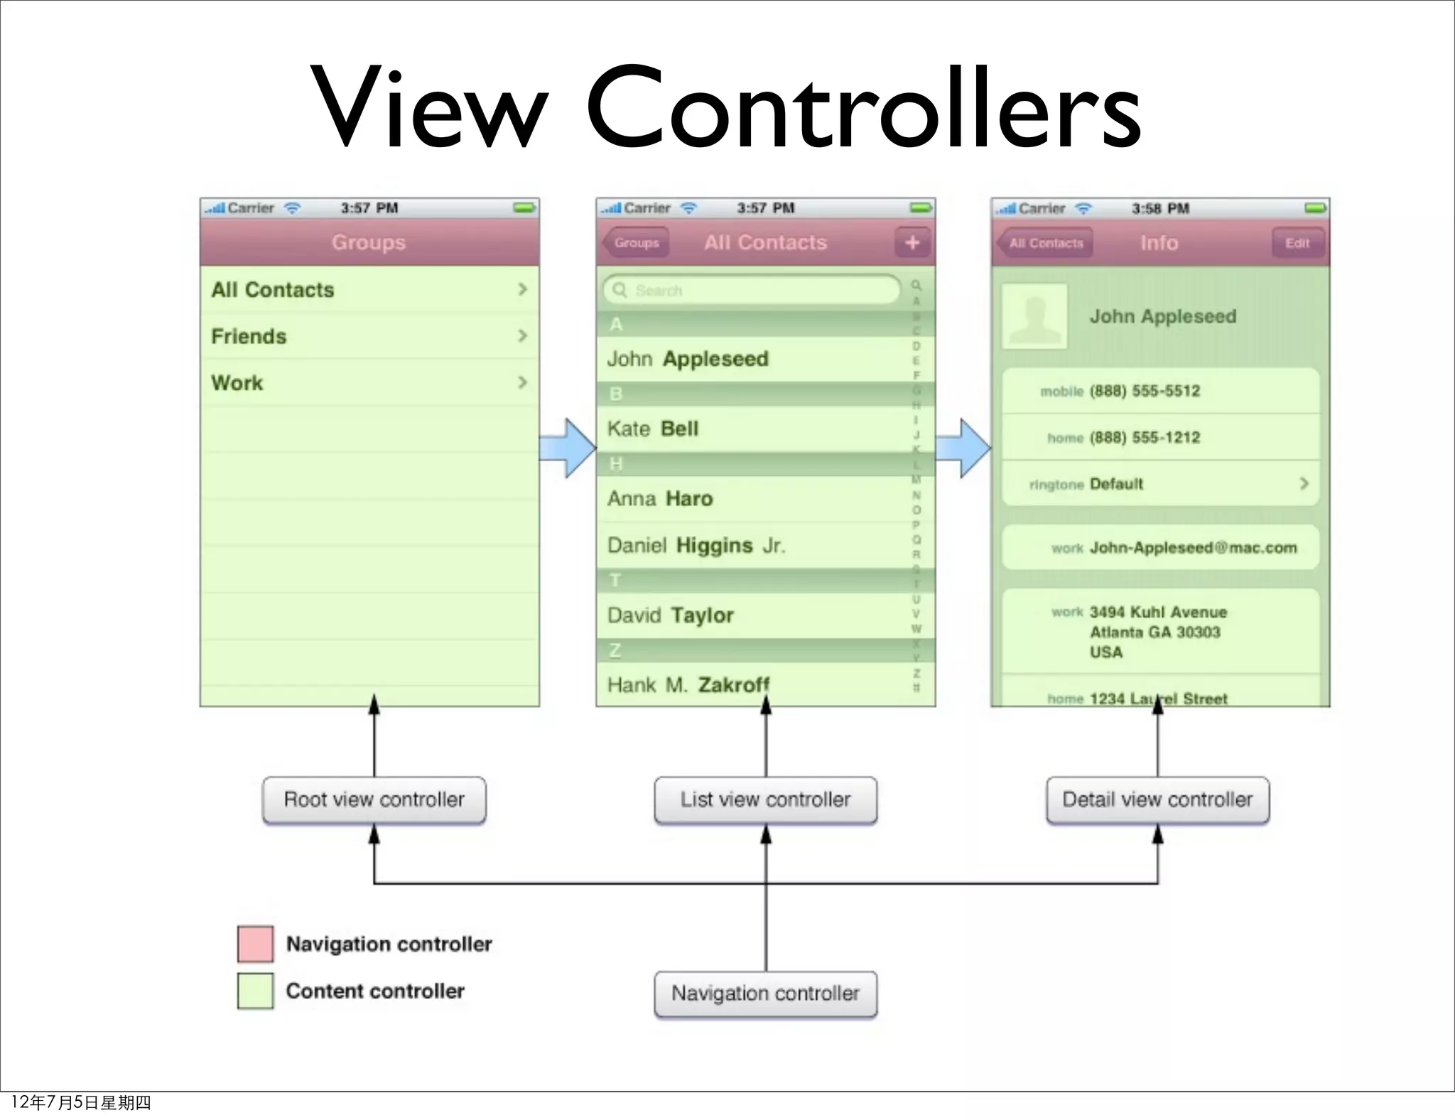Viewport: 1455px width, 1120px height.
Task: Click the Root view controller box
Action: point(374,799)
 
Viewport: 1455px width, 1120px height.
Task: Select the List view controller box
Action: point(765,799)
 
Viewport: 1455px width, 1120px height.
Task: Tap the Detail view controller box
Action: point(1157,799)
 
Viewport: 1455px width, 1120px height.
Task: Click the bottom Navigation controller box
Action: point(765,994)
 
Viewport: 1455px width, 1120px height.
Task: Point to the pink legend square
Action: point(255,944)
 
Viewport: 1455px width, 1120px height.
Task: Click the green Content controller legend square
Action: point(255,991)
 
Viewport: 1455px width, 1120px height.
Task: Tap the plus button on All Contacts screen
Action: point(912,243)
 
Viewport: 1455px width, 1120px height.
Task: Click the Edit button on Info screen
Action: point(1297,243)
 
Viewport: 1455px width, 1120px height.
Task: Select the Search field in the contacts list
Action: point(752,290)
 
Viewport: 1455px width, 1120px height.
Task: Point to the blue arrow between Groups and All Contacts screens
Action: point(567,448)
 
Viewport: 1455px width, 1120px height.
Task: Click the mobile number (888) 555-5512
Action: point(1145,391)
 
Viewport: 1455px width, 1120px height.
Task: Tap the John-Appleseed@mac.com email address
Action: point(1193,548)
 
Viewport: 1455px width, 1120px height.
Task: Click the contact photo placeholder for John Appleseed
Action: point(1034,316)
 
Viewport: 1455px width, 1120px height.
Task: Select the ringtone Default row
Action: point(1160,484)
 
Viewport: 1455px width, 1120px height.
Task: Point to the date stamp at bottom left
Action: point(81,1102)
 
